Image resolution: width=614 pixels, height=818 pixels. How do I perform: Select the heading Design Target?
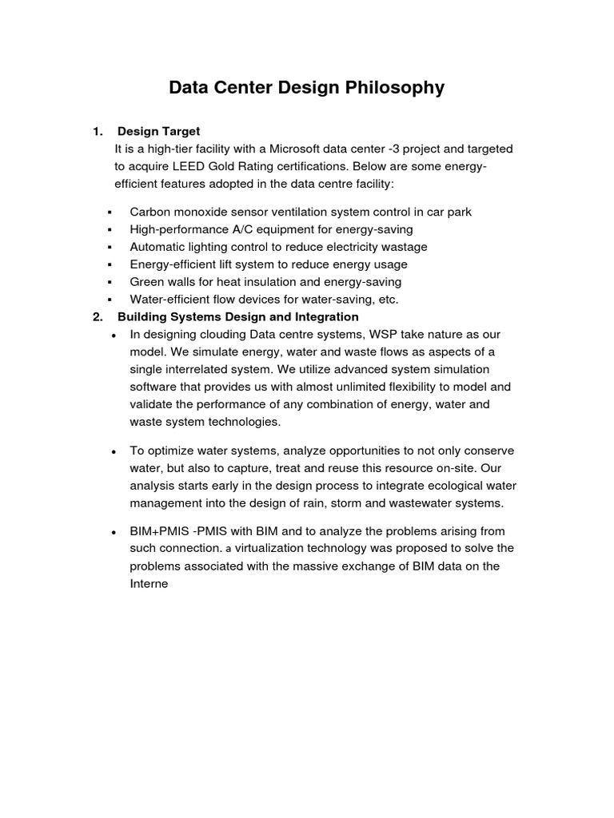(158, 131)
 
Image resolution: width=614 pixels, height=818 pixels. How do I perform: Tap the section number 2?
(97, 317)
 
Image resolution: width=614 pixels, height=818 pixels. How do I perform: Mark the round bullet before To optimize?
(114, 451)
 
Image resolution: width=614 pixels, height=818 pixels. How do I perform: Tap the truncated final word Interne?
(149, 583)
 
